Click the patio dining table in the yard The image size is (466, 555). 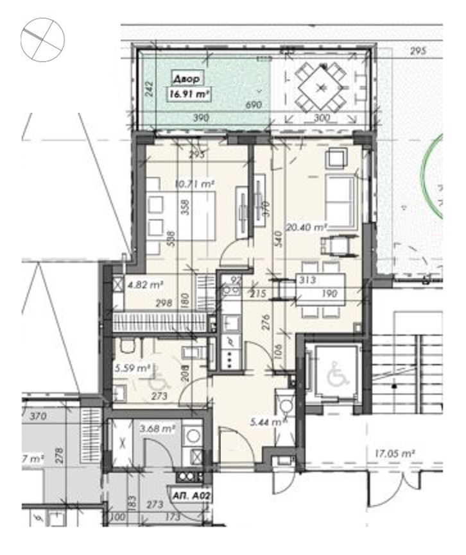point(322,86)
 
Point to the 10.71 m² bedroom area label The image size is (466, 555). point(194,183)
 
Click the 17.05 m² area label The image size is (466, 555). point(394,453)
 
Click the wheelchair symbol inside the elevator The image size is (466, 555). point(336,376)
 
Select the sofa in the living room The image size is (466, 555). point(341,203)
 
